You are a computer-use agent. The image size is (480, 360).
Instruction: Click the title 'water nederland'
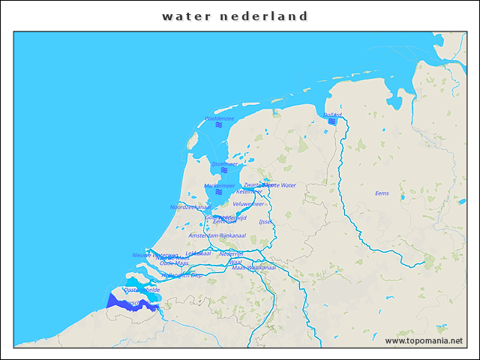pyautogui.click(x=235, y=16)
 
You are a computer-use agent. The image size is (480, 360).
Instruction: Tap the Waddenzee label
pyautogui.click(x=219, y=118)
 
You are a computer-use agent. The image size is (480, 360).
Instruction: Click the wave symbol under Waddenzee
pyautogui.click(x=219, y=126)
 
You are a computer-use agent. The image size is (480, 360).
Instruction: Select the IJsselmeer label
pyautogui.click(x=224, y=163)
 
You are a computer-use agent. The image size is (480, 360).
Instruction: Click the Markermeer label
pyautogui.click(x=220, y=185)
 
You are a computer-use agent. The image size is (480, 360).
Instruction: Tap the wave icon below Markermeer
pyautogui.click(x=219, y=193)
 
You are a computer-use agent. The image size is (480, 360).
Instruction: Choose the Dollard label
pyautogui.click(x=332, y=115)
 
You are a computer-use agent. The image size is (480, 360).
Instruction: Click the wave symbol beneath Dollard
pyautogui.click(x=331, y=121)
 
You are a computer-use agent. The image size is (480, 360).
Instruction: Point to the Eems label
pyautogui.click(x=382, y=193)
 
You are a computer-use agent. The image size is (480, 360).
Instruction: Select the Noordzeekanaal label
pyautogui.click(x=190, y=207)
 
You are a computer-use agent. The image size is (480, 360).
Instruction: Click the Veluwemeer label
pyautogui.click(x=248, y=203)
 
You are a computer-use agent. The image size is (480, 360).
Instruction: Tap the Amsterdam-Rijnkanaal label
pyautogui.click(x=217, y=235)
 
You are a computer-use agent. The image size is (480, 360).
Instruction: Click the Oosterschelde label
pyautogui.click(x=142, y=289)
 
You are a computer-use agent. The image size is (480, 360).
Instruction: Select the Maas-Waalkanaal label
pyautogui.click(x=253, y=268)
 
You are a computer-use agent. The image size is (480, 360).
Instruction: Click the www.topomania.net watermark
pyautogui.click(x=424, y=341)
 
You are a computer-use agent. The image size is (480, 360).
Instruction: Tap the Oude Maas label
pyautogui.click(x=174, y=263)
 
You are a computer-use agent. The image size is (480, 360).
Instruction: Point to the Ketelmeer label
pyautogui.click(x=249, y=191)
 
